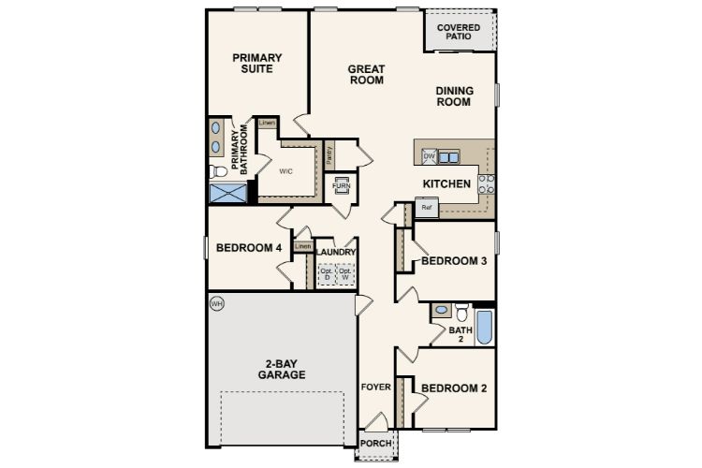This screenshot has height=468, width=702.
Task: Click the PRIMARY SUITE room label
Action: click(257, 64)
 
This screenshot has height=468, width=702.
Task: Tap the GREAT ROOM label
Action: click(367, 74)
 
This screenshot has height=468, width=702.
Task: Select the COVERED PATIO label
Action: click(459, 34)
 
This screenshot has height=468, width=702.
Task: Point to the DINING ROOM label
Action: click(454, 96)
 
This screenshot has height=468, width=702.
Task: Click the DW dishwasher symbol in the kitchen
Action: click(429, 156)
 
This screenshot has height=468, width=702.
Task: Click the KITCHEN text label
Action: click(446, 184)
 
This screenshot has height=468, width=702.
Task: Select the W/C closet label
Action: click(287, 171)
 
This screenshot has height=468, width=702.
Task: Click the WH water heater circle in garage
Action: click(217, 303)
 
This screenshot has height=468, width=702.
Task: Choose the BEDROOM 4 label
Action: click(248, 248)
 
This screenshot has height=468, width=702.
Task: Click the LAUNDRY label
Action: click(336, 253)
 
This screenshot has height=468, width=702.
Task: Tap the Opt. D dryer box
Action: click(327, 274)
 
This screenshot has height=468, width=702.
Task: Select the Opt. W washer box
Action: click(345, 274)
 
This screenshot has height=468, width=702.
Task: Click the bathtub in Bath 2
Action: click(484, 327)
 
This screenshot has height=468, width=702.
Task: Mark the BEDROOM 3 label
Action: click(453, 261)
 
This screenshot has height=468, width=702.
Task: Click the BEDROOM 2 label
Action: click(453, 388)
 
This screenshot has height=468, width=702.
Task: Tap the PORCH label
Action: click(376, 443)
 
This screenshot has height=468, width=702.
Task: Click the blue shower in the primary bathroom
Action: click(227, 194)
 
